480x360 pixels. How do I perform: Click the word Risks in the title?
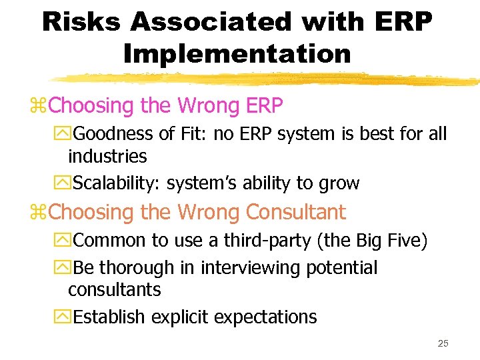(81, 22)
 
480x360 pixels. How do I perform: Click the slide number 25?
(443, 343)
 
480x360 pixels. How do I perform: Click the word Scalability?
(117, 183)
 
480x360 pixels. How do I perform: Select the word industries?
(107, 157)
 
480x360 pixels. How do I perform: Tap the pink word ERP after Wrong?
(265, 105)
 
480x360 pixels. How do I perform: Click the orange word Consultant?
(296, 212)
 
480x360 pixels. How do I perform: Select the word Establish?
(110, 317)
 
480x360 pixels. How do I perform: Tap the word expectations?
(271, 317)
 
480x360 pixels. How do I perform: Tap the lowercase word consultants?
(114, 290)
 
